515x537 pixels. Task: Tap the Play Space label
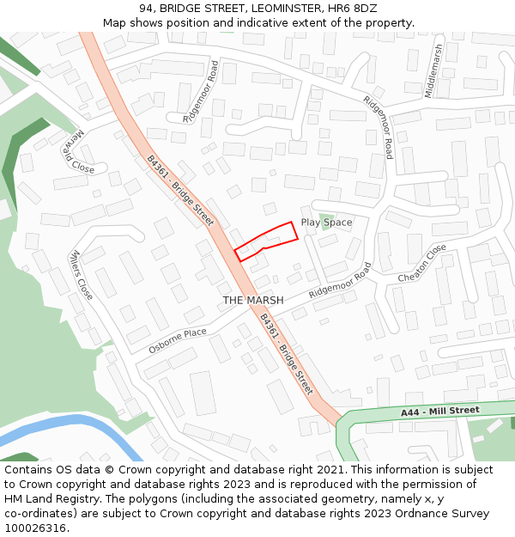[x=326, y=223]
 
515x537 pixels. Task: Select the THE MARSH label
[x=253, y=300]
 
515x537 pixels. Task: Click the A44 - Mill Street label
[x=439, y=412]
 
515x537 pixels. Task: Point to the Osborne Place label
[x=178, y=340]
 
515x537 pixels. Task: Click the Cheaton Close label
[x=422, y=264]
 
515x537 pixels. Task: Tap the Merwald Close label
[x=77, y=151]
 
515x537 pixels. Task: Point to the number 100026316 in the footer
[x=35, y=528]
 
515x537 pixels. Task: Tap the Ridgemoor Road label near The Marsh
[x=341, y=281]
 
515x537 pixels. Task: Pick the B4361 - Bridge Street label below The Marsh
[x=287, y=354]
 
